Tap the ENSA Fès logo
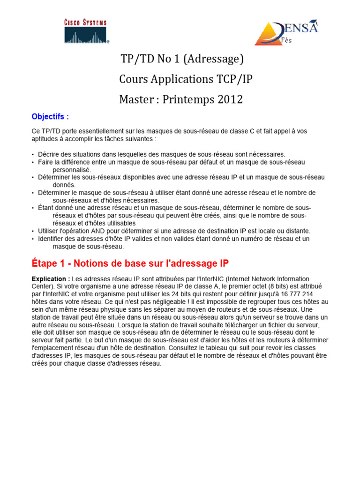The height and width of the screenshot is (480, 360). coord(286,32)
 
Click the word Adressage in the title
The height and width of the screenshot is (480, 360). coord(217,59)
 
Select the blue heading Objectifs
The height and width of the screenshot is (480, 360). coord(50,116)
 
